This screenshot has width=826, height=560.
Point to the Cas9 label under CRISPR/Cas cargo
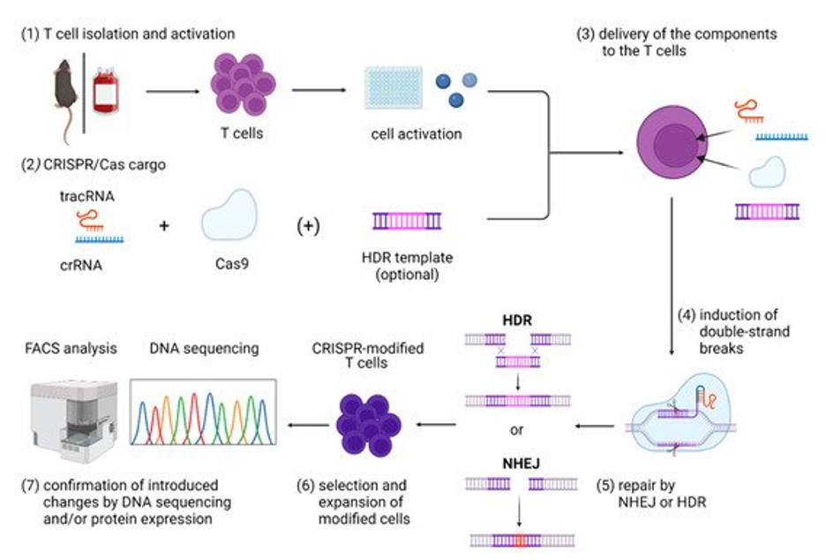coord(229,262)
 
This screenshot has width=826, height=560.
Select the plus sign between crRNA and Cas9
coord(163,224)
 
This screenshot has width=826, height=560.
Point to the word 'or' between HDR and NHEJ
coord(518,432)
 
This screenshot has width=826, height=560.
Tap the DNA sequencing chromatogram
coord(203,412)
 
